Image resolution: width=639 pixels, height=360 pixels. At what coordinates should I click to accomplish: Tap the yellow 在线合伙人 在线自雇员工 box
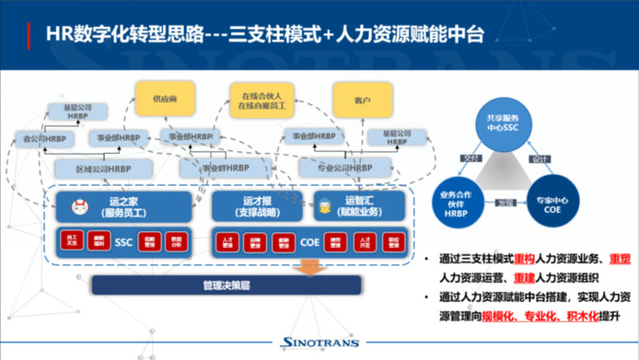point(261,98)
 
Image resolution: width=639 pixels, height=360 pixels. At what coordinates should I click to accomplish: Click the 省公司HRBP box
point(46,139)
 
